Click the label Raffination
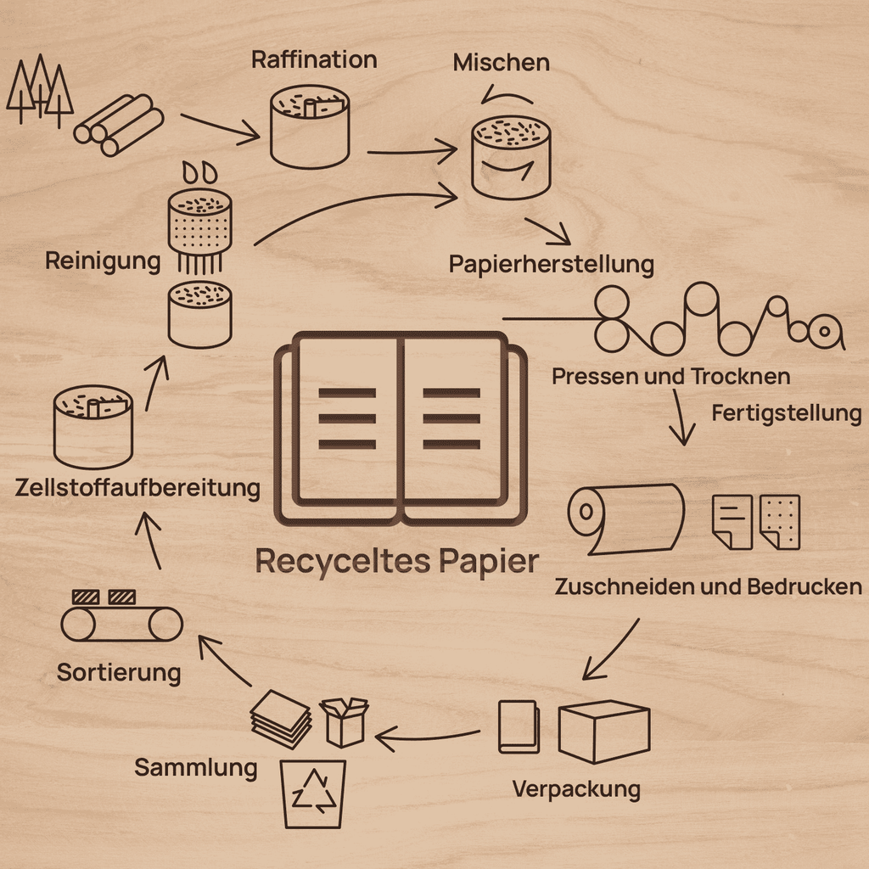point(314,60)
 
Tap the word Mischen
point(501,63)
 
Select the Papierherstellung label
point(552,265)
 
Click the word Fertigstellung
point(787,413)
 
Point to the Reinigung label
point(103,261)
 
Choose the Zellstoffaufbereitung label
point(137,488)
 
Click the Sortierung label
point(119,673)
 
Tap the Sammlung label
point(196,768)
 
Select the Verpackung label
point(576,789)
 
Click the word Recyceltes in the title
point(343,561)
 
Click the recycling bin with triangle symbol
point(313,794)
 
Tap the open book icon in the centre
point(401,429)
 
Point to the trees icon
point(39,90)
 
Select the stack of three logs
point(119,126)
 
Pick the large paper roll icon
point(626,519)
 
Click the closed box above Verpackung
point(604,732)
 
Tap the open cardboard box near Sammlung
point(345,722)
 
